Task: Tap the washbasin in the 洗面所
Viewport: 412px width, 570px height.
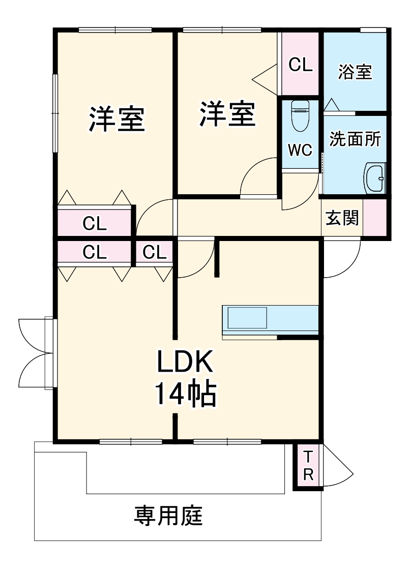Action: point(375,178)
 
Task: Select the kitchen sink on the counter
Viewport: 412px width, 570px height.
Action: point(247,319)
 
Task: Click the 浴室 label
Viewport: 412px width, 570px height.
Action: point(355,72)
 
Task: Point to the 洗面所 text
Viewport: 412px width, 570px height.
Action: point(355,139)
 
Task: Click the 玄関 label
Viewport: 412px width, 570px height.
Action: point(342,218)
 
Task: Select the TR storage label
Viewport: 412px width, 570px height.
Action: point(308,466)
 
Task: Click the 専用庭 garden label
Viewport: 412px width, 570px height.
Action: point(169,517)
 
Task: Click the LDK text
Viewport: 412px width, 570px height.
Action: point(183,362)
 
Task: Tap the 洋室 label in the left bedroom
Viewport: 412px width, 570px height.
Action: point(117,118)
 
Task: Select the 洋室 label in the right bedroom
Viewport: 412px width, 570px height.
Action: point(227,114)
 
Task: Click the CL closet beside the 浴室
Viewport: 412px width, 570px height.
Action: point(301,65)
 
